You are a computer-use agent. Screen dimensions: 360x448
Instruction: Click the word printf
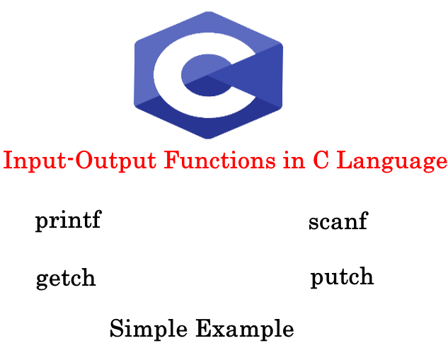point(68,221)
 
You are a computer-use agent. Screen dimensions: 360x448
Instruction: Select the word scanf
point(338,221)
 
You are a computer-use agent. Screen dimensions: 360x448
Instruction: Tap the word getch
point(66,278)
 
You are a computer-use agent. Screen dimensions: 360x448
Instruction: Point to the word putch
point(342,277)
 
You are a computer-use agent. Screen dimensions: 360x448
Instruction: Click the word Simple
point(149,330)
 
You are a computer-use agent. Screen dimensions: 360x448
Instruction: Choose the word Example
point(244,330)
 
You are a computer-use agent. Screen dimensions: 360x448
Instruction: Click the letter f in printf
point(96,220)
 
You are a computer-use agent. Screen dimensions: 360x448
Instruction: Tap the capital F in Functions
point(171,161)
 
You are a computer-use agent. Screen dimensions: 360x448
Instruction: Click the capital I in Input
point(7,161)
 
